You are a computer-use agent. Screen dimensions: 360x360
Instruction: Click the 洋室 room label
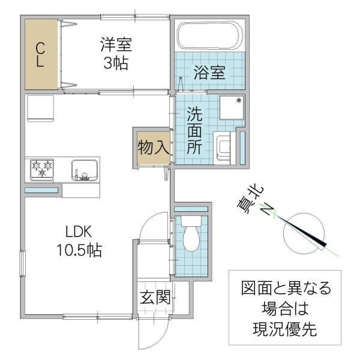tap(116, 44)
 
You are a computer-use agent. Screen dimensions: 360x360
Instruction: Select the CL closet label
tap(40, 55)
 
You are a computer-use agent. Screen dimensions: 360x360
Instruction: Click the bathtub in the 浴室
tap(211, 35)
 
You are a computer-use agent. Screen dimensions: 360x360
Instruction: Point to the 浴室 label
tap(209, 73)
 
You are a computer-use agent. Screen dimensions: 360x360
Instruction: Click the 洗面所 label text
tap(194, 130)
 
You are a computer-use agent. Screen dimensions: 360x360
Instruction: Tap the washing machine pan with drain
tap(232, 107)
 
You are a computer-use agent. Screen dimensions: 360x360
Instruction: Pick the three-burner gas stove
tap(42, 169)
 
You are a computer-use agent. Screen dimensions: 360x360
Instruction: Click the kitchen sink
tap(85, 170)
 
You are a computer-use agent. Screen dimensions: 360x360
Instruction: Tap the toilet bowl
tap(191, 233)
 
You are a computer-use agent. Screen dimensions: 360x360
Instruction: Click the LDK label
tap(79, 232)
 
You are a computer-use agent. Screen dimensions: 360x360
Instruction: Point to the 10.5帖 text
tap(79, 250)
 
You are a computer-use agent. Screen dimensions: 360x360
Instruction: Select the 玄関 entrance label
tap(155, 297)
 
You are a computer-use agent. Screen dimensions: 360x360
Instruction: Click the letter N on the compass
tap(268, 209)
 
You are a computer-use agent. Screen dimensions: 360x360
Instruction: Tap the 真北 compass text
tap(250, 200)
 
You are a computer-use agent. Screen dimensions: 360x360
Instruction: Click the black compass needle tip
tap(326, 245)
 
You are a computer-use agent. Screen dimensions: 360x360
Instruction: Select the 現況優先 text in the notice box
tap(285, 329)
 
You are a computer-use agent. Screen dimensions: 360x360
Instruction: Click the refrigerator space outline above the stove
tap(40, 108)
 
